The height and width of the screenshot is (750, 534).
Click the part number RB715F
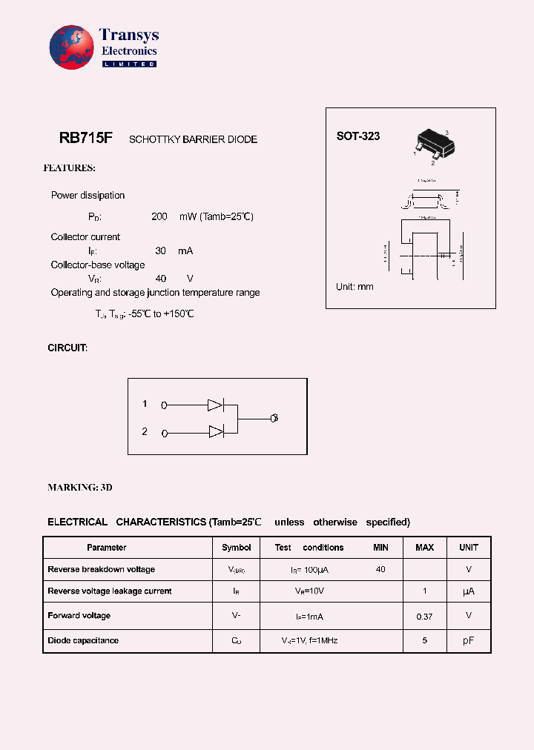tap(85, 138)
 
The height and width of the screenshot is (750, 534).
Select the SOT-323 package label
tap(357, 136)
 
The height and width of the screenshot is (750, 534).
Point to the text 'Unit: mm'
tap(355, 287)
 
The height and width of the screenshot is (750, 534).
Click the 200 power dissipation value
tap(159, 216)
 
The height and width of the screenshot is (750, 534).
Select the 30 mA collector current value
tap(160, 251)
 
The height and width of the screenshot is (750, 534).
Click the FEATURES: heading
tap(69, 168)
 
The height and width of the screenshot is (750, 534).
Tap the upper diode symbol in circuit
tap(215, 405)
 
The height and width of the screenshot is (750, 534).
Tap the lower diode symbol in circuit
tap(215, 432)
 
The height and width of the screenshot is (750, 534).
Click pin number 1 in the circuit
tap(145, 404)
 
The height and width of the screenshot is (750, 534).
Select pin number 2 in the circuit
tap(145, 431)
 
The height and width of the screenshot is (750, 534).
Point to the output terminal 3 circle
tap(274, 419)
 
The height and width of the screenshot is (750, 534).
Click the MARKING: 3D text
tap(80, 488)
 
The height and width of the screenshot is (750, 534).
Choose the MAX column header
tap(424, 548)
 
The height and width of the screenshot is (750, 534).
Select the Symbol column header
tap(236, 548)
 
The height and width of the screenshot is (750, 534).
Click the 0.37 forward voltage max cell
tap(424, 616)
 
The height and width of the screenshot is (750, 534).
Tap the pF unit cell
tap(468, 640)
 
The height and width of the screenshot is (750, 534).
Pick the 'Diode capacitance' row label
tap(83, 640)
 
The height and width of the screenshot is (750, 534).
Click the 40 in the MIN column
tap(380, 569)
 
